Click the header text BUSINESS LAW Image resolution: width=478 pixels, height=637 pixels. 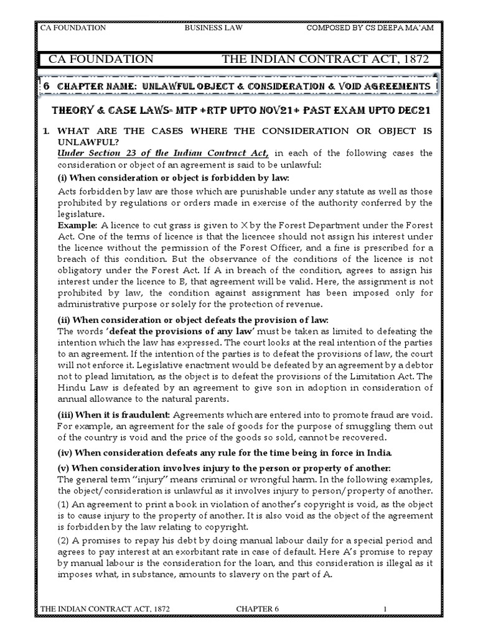[213, 29]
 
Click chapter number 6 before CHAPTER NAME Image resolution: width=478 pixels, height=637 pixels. [47, 85]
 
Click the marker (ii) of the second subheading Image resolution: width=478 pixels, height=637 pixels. [63, 319]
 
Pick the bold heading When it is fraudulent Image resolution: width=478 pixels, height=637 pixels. [123, 414]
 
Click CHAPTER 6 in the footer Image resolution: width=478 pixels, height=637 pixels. [258, 625]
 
